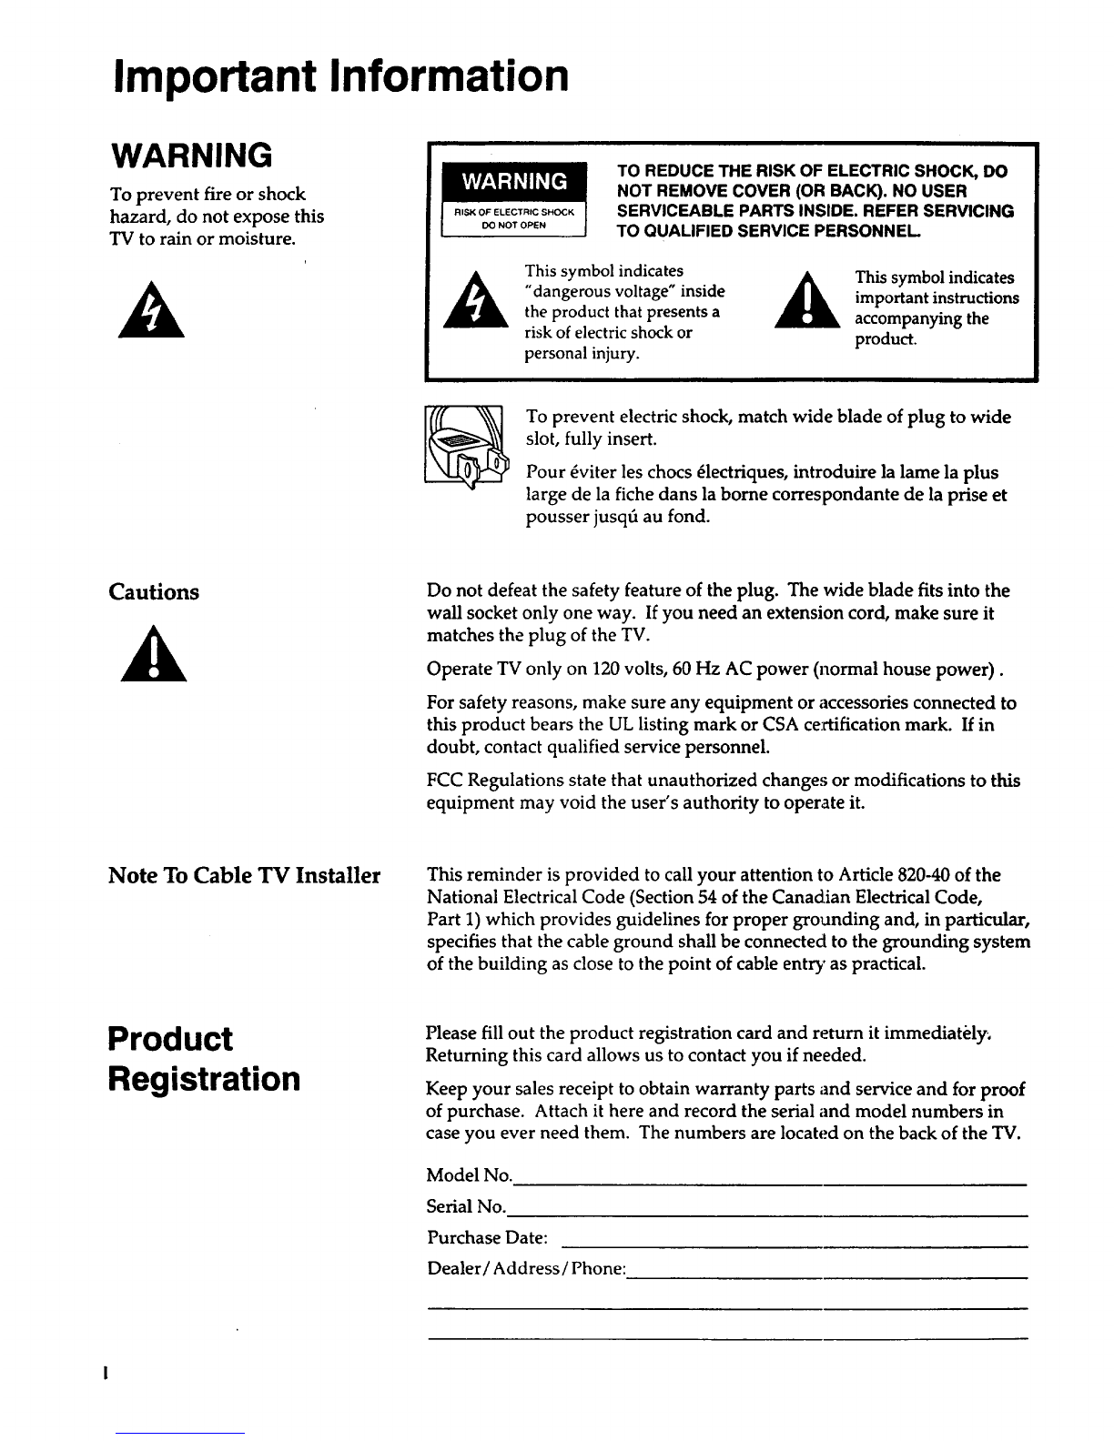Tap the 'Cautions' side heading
(x=154, y=592)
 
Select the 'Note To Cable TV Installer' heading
(x=244, y=876)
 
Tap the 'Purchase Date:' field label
(x=487, y=1239)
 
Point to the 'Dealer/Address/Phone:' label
(x=527, y=1269)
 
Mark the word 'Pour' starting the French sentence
(x=545, y=473)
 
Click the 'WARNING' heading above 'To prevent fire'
(x=189, y=156)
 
